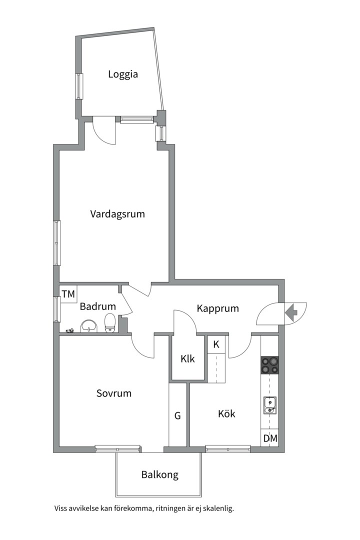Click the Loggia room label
tap(123, 74)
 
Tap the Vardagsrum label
tap(117, 214)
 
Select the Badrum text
tap(98, 306)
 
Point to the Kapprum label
tap(217, 308)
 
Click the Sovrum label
tap(113, 393)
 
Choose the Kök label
tap(226, 413)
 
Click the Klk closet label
tap(188, 359)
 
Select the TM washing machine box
tap(68, 294)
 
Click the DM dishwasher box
tap(269, 438)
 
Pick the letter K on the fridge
tap(216, 344)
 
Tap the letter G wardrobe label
tap(177, 416)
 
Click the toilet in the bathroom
tap(110, 323)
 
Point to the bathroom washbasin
tap(89, 326)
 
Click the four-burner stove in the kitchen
tap(269, 365)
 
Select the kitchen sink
tap(269, 405)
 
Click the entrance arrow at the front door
tap(291, 312)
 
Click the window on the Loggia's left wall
tap(79, 86)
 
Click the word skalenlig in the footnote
tap(220, 508)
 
